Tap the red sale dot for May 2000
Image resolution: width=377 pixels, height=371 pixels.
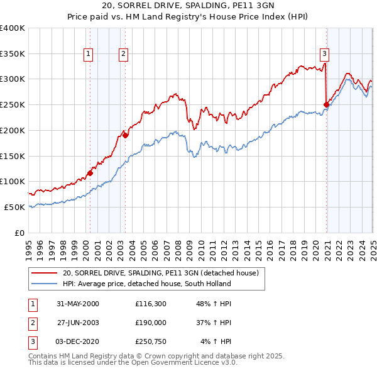click(x=90, y=173)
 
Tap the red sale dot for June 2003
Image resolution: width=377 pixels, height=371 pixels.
click(x=125, y=135)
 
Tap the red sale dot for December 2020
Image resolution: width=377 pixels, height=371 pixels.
click(x=326, y=104)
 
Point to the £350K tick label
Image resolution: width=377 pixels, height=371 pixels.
click(x=13, y=53)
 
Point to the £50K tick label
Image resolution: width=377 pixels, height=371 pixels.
click(x=15, y=207)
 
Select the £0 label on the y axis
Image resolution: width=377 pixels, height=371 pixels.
click(x=19, y=233)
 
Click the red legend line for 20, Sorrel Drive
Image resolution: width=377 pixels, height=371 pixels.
click(x=45, y=274)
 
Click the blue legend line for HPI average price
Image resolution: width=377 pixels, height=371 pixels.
click(x=45, y=284)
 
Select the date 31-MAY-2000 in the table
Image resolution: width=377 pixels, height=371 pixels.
click(x=78, y=304)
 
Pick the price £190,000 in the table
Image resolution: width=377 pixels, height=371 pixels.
click(x=150, y=323)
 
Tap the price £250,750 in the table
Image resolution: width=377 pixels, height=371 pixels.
click(x=150, y=342)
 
